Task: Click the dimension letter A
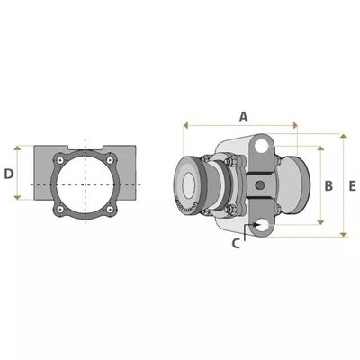tap(244, 117)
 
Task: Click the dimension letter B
tap(328, 186)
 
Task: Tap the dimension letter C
tap(236, 244)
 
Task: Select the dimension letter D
tap(9, 174)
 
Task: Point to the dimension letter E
tap(352, 186)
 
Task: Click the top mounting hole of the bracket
tap(262, 146)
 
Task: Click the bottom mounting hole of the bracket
tap(262, 225)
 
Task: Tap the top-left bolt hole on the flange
tap(60, 160)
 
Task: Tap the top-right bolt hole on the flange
tap(111, 160)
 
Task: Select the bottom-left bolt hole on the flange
tap(60, 210)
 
